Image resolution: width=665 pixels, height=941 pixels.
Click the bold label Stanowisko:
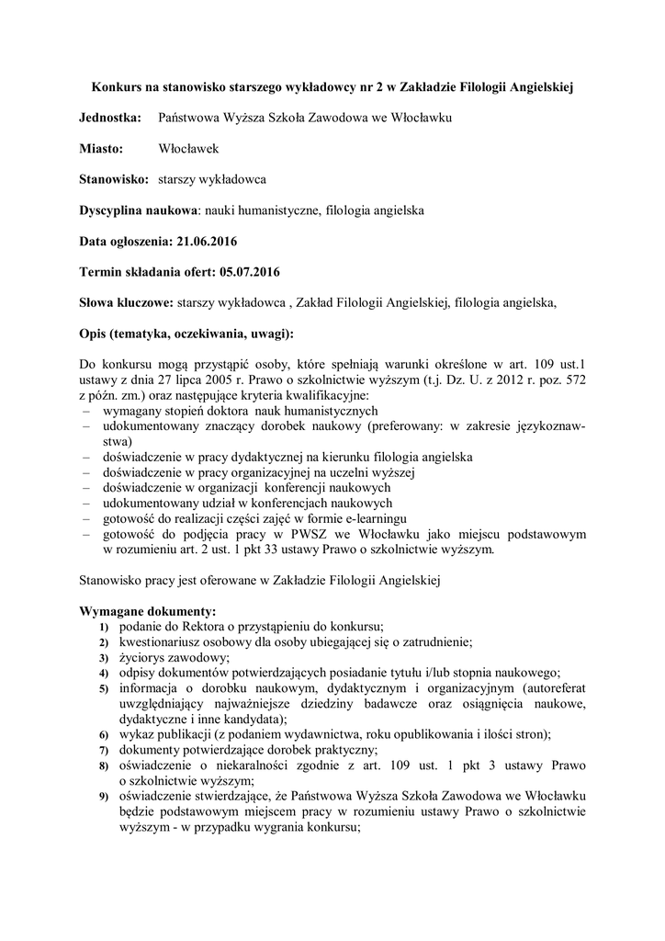click(114, 179)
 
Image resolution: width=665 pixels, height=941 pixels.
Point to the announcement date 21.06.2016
click(207, 241)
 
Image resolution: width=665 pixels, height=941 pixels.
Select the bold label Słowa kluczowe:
click(127, 301)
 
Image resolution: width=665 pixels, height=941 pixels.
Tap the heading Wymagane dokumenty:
click(148, 610)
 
